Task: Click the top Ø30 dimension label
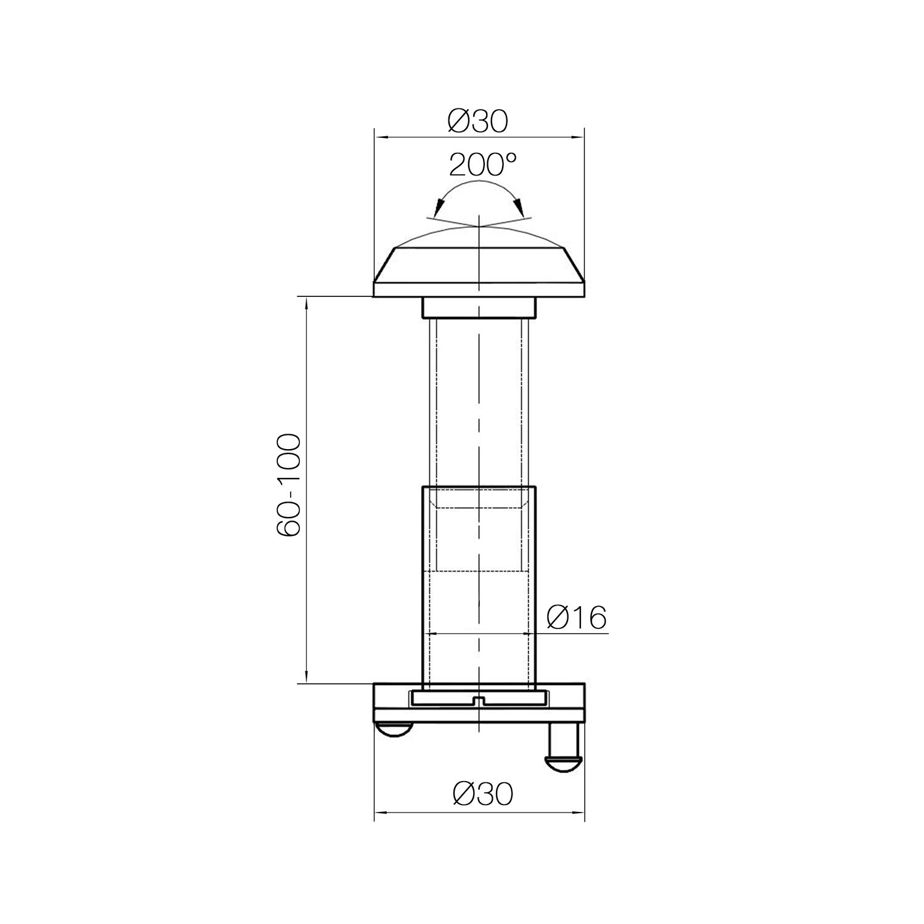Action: pyautogui.click(x=479, y=121)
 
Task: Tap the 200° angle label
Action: pyautogui.click(x=482, y=164)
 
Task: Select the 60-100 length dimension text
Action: pyautogui.click(x=288, y=486)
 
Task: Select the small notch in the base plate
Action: pyautogui.click(x=479, y=700)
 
